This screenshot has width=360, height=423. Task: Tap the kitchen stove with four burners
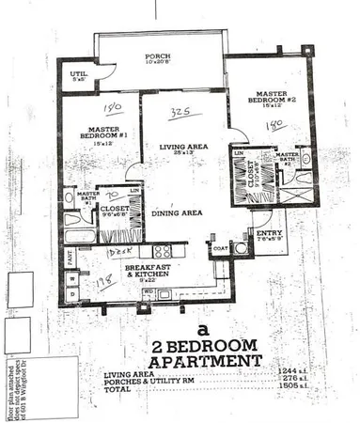pos(161,251)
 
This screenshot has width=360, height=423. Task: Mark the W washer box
pos(71,278)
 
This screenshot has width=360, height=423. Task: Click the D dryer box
pos(71,295)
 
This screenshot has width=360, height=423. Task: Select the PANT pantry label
pos(70,253)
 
